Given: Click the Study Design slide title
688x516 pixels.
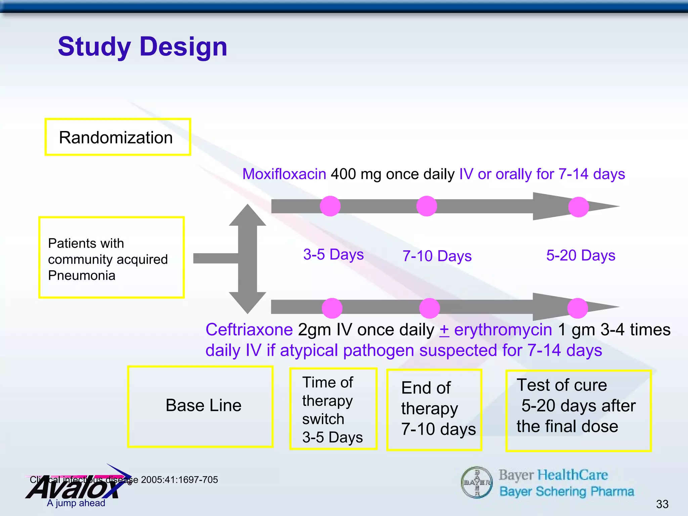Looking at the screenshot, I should pos(142,47).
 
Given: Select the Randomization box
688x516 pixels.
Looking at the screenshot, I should pos(118,137).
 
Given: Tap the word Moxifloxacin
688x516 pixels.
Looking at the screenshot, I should pos(284,174).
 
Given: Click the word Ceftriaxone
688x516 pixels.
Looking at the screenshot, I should pos(249,330).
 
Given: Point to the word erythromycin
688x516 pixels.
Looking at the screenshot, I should pos(503,330).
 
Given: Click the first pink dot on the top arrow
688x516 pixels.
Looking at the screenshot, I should pos(330,206).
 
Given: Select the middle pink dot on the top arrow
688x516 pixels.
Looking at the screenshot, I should pos(426,206).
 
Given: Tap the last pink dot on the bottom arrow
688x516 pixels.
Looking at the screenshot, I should pos(577,308).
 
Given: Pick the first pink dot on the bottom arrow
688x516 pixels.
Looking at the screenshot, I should pos(332,308).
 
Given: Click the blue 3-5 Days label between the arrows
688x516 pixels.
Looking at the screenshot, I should pos(333,255).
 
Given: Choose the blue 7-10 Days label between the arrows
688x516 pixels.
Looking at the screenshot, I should pos(437,256).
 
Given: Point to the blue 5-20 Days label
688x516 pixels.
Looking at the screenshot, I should pos(580,255).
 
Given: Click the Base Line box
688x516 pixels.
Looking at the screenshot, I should pos(200,406).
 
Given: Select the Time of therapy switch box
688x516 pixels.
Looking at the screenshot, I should pos(333,409).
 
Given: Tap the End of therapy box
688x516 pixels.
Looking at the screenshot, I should pos(434,410).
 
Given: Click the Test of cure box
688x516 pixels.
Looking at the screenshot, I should pos(578,411).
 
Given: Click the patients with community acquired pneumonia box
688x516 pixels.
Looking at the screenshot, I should pos(111,257).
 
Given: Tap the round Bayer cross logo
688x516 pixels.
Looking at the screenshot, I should pos(476,482).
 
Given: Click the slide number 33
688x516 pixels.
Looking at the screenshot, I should pos(662,504).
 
